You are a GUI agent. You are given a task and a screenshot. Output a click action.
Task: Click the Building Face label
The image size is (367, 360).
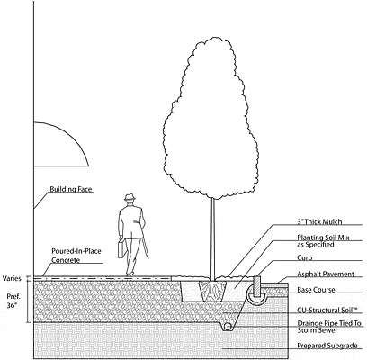71,189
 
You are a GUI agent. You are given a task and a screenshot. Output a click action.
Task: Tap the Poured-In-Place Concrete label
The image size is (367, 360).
76,256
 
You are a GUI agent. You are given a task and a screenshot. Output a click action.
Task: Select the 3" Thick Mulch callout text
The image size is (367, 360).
319,222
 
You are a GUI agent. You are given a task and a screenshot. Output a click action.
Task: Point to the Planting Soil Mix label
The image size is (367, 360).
323,241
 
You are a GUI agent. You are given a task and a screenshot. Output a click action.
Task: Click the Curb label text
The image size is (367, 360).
305,257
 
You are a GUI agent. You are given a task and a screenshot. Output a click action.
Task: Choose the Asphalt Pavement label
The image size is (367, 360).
326,274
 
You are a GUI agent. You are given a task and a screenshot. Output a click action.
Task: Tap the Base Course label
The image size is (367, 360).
316,290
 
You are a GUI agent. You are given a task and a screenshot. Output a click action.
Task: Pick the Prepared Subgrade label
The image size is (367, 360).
327,346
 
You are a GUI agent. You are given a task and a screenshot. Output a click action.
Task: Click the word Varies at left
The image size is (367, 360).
12,278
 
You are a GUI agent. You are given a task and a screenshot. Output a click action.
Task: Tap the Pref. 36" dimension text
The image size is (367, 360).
13,301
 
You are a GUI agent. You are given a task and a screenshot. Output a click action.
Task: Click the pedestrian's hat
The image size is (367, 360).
130,197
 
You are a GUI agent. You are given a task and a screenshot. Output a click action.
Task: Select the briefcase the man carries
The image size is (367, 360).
122,248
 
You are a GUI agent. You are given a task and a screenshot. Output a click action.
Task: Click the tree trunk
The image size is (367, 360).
213,238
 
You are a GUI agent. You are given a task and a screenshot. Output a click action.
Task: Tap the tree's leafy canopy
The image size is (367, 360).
210,117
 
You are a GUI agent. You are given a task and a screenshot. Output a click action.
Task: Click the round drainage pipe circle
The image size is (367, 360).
228,327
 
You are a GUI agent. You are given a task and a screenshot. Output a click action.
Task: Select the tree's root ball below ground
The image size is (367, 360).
212,291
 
